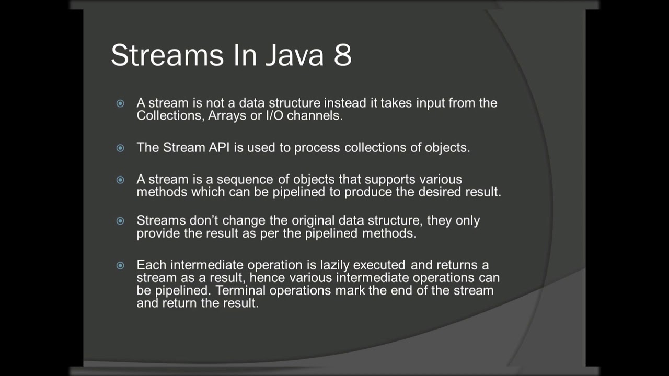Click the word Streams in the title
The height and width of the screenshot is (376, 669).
click(167, 55)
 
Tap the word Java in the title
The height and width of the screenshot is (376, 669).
click(294, 55)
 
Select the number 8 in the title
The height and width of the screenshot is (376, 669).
click(342, 55)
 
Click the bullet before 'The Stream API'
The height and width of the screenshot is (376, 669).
click(120, 148)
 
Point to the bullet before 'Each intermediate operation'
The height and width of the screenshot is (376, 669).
click(120, 265)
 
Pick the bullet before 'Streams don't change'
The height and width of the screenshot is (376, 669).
click(120, 221)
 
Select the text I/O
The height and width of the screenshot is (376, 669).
click(274, 115)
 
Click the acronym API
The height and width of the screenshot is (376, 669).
click(219, 147)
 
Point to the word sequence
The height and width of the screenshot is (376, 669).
click(245, 180)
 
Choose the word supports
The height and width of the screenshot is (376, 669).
click(390, 180)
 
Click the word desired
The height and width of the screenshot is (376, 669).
click(440, 192)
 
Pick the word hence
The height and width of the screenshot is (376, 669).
click(267, 278)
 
